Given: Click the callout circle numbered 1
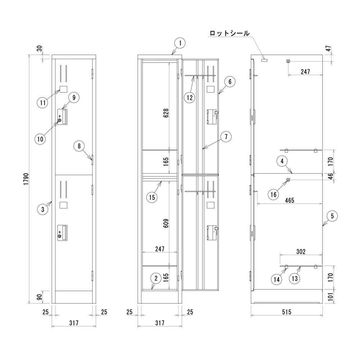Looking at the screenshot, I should [180, 44].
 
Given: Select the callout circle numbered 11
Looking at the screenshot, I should [43, 103].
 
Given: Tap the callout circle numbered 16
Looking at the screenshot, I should [274, 194].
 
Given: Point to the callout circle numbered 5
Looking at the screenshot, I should [332, 216].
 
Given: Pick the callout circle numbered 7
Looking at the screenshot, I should [226, 137].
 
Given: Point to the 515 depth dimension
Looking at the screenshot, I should [287, 312].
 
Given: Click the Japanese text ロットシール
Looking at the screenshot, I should [229, 33].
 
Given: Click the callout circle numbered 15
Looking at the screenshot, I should [151, 197].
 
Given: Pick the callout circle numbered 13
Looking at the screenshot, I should [295, 278].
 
